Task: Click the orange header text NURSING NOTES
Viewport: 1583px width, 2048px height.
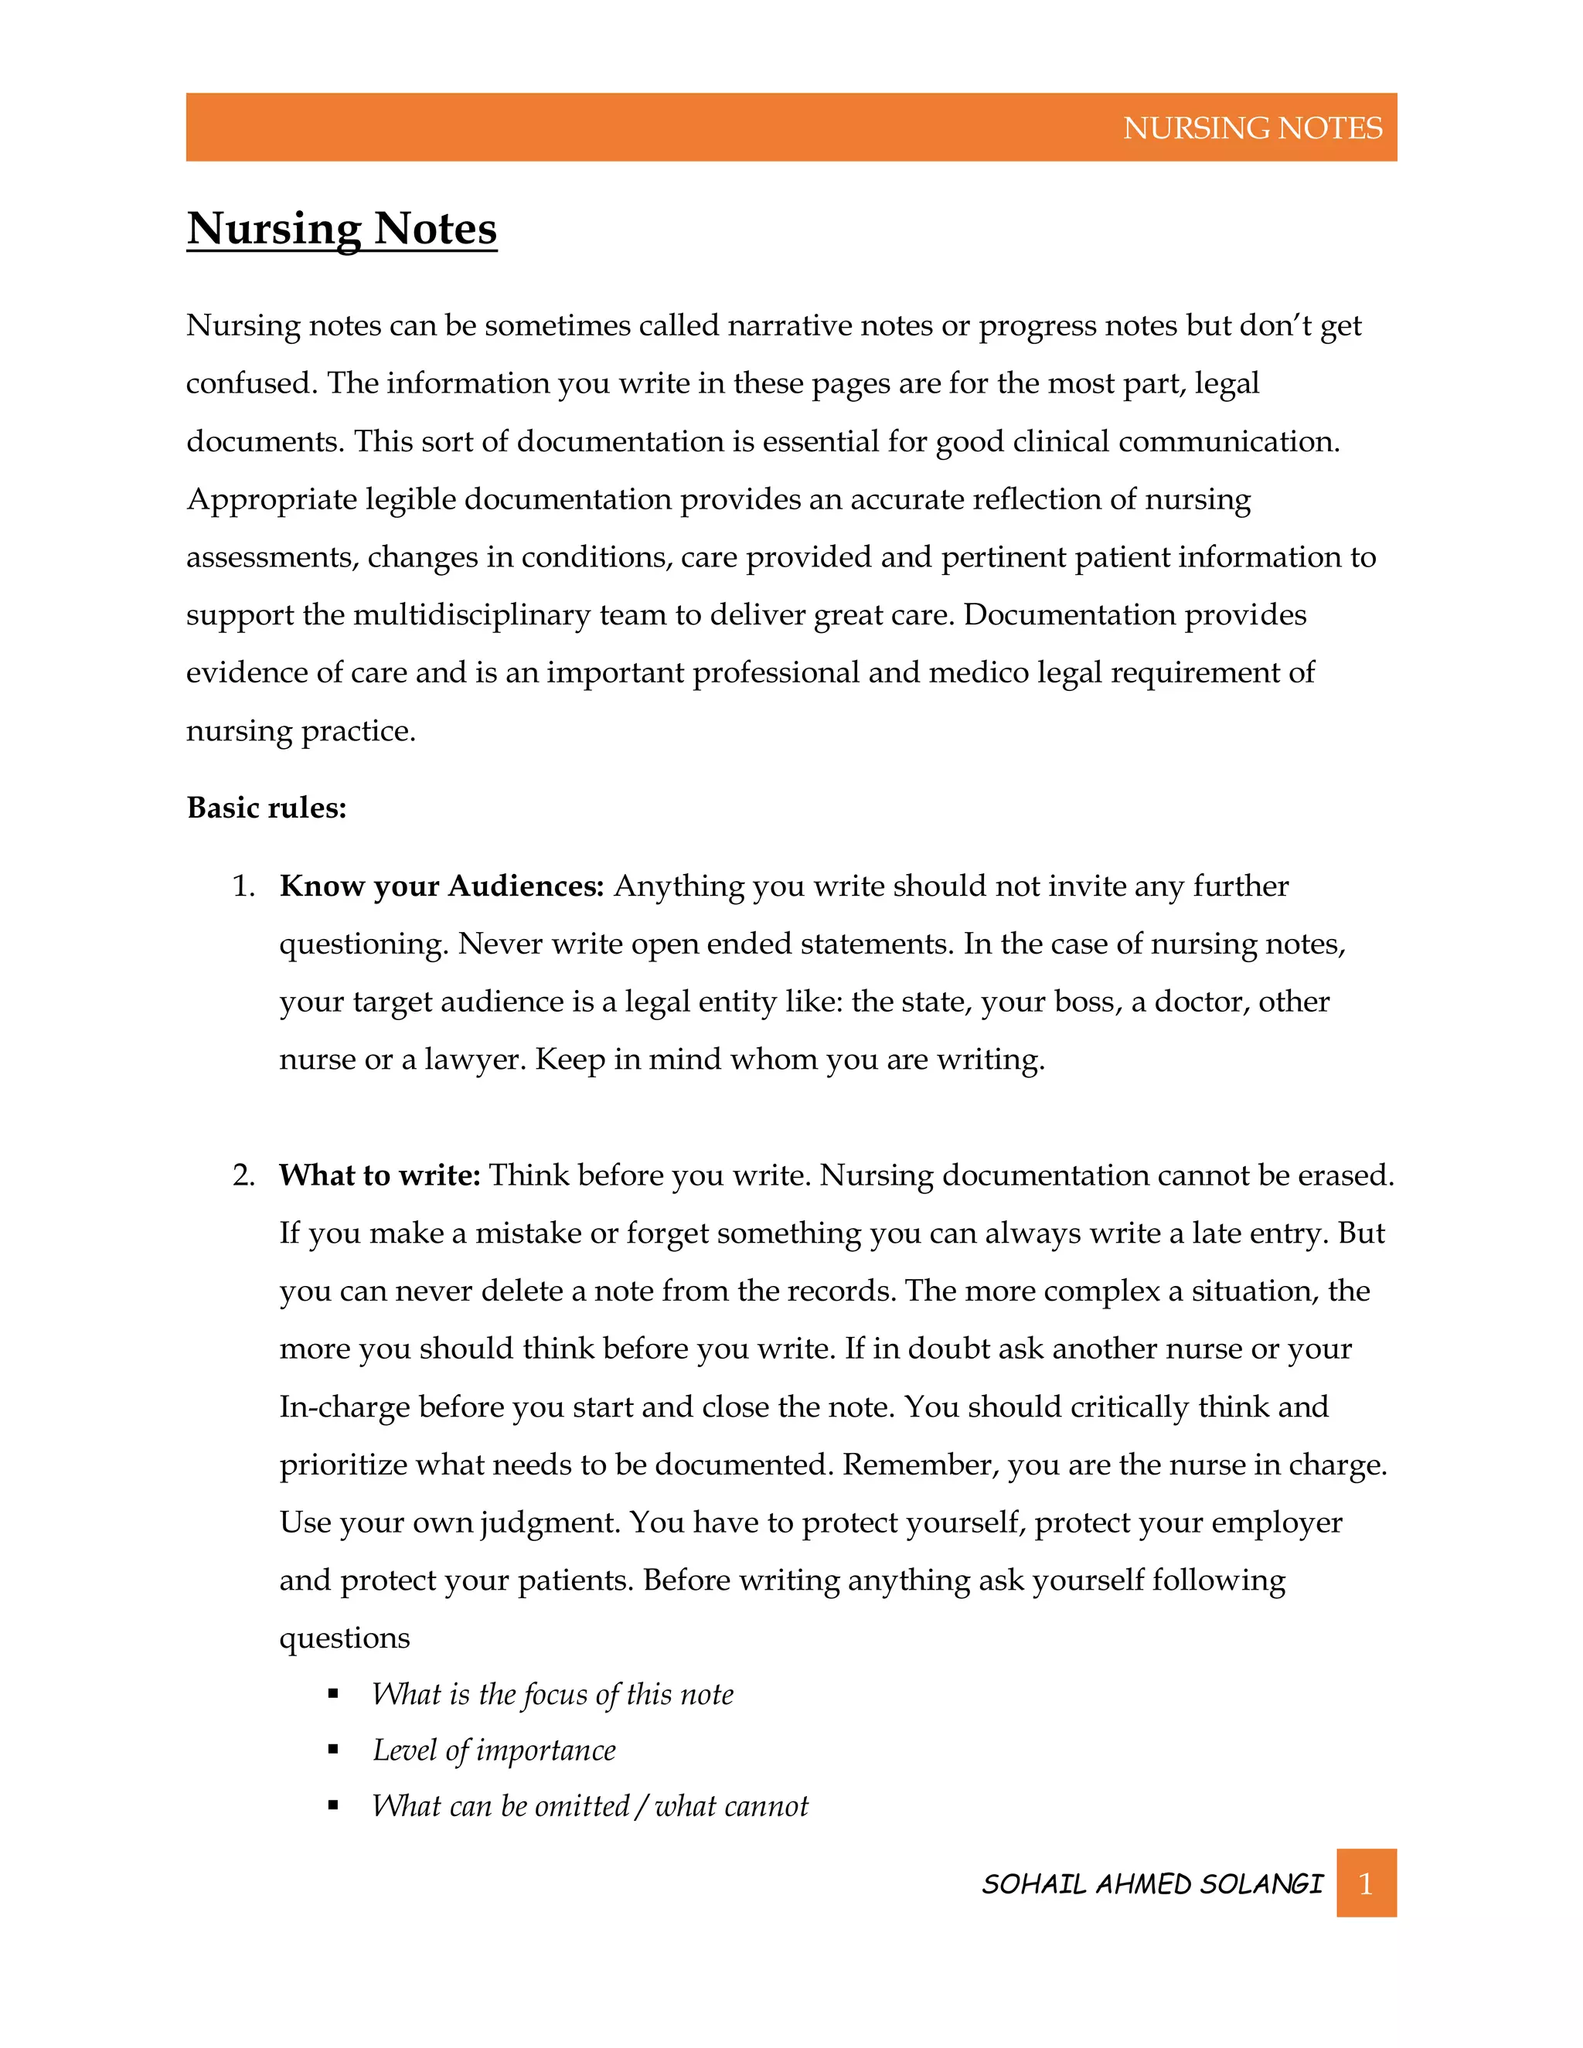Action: [x=1252, y=128]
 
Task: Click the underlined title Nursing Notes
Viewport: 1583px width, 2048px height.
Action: [x=342, y=229]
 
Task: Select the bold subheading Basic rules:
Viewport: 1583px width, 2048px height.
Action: [x=267, y=808]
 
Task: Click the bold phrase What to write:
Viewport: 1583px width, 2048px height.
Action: [x=379, y=1175]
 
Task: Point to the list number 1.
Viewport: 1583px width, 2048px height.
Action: [x=243, y=886]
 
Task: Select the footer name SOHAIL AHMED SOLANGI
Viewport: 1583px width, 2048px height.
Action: [x=1152, y=1884]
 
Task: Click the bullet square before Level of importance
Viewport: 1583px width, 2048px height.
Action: [x=333, y=1750]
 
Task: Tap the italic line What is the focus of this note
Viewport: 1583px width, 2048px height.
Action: [x=553, y=1695]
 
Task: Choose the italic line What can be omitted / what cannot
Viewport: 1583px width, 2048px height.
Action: [x=590, y=1806]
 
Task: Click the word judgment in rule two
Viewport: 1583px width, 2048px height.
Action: [x=549, y=1523]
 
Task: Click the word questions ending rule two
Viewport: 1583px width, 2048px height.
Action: [x=344, y=1638]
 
